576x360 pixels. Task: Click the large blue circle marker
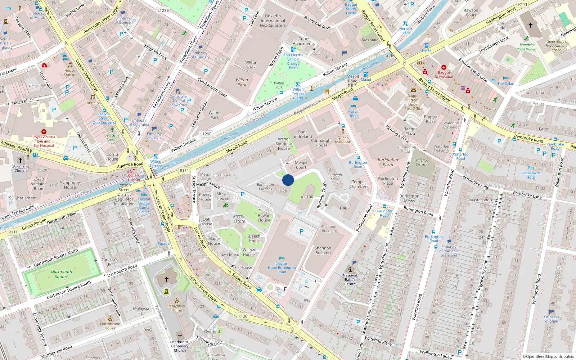288,180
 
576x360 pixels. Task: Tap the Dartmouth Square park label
62,274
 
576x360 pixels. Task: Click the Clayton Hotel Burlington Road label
282,267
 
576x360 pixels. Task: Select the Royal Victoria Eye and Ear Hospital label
44,141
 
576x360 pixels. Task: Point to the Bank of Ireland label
303,134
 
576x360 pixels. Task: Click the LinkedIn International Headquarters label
273,21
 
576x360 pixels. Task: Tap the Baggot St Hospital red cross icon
444,67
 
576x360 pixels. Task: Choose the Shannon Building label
323,250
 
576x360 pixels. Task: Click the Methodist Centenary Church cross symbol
180,336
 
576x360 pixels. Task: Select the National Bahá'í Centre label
350,279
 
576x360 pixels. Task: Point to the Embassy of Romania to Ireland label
449,251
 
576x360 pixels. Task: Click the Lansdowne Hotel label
531,175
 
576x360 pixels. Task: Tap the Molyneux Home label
177,308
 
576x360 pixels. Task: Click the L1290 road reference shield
206,134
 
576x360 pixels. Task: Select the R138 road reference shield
243,316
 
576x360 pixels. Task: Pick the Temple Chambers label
359,184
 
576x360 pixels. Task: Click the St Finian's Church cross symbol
21,160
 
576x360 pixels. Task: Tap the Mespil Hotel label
353,113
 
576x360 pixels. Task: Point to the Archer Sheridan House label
284,143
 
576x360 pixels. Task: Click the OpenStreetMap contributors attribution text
548,356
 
